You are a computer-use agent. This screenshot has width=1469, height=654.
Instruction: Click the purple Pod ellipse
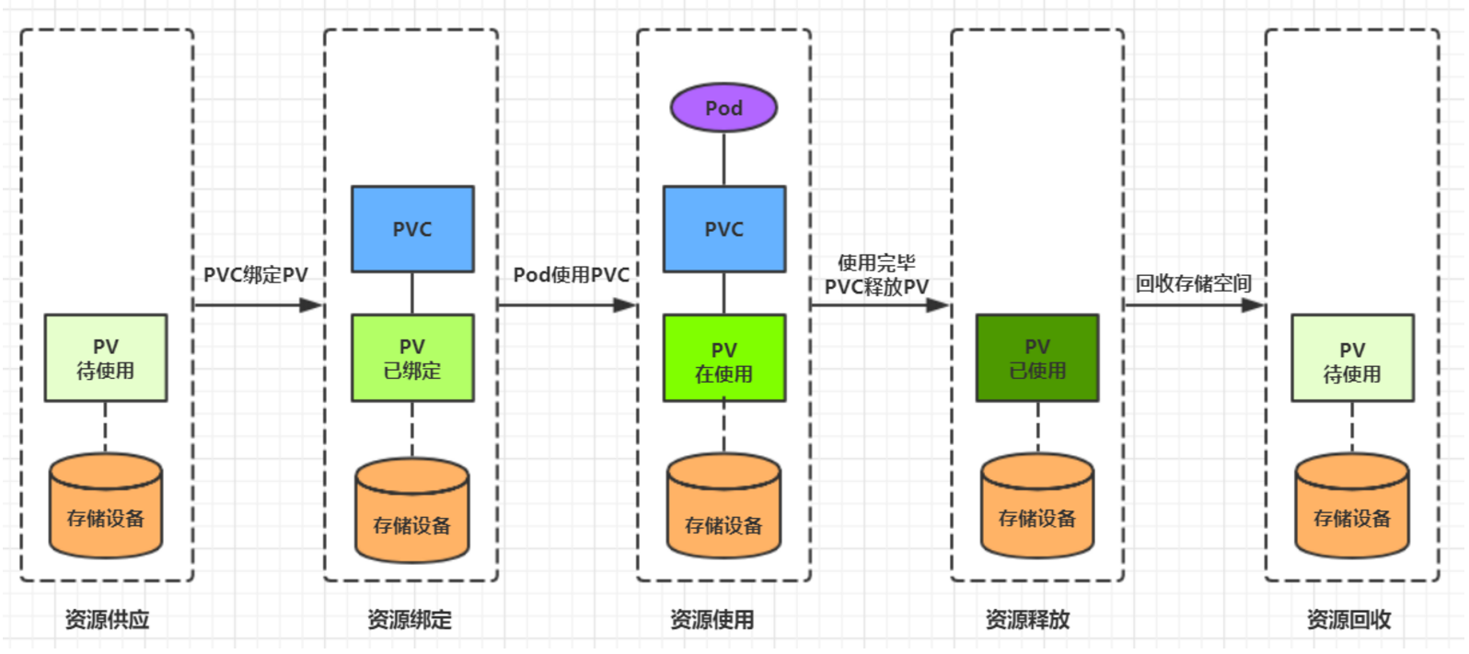(723, 108)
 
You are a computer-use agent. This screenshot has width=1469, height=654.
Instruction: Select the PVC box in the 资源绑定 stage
(412, 229)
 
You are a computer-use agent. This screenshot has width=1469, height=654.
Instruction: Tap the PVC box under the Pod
(724, 229)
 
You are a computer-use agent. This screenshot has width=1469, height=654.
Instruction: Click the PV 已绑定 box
(412, 358)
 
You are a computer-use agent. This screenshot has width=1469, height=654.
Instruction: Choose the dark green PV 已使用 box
(1037, 358)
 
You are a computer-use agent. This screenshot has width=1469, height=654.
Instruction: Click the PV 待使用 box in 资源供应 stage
(106, 358)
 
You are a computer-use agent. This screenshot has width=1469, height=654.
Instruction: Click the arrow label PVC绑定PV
(256, 275)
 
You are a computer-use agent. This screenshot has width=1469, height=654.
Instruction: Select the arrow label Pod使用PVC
(572, 275)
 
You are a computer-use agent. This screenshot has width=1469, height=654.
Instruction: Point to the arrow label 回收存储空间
(1193, 283)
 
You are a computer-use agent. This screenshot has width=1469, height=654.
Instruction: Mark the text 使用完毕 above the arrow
(876, 263)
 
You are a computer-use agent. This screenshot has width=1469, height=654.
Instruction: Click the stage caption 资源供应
(107, 620)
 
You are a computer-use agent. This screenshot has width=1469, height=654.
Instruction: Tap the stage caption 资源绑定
(410, 620)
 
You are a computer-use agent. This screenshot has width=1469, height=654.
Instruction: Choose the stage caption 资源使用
(712, 620)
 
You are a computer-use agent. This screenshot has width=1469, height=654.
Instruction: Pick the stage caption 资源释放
(1027, 620)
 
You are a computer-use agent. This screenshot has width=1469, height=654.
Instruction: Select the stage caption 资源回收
(1348, 620)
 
